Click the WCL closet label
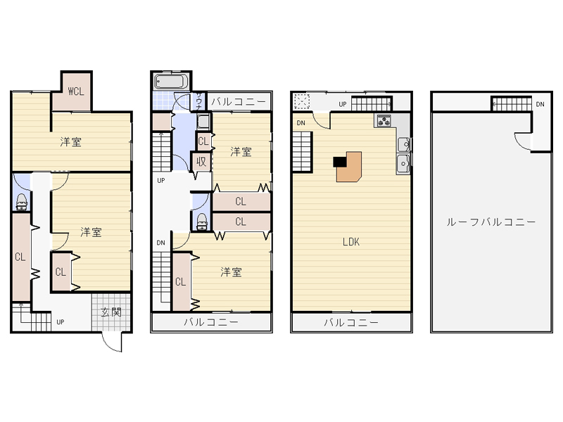click(76, 91)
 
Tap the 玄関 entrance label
click(110, 312)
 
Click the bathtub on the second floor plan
click(171, 81)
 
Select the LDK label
click(350, 242)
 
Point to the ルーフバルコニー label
click(491, 222)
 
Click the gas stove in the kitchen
click(384, 120)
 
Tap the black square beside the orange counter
click(340, 162)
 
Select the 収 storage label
click(201, 162)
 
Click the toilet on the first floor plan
click(22, 202)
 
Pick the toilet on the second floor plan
click(202, 222)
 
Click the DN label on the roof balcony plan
click(540, 104)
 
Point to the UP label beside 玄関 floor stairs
click(61, 322)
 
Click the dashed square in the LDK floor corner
click(302, 101)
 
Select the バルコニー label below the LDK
click(351, 322)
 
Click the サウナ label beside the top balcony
click(198, 101)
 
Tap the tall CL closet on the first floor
click(21, 257)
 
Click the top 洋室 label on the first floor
click(71, 142)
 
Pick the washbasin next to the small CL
click(203, 122)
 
